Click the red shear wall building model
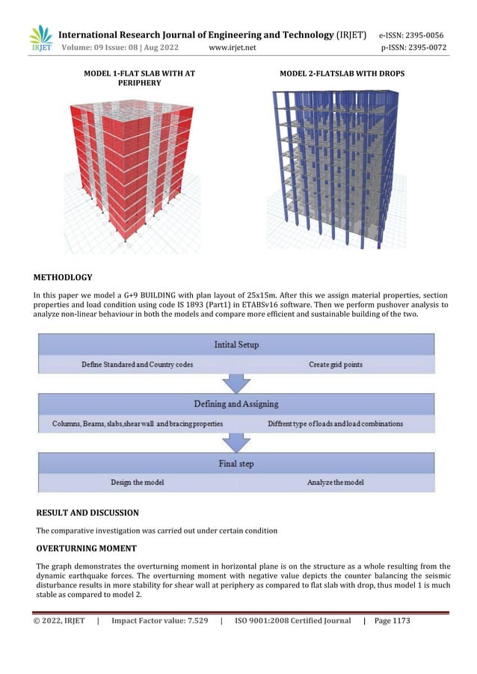point(128,169)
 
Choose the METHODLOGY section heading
point(63,277)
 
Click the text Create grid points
point(335,365)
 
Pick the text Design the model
point(138,483)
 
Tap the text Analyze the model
point(335,483)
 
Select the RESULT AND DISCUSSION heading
point(87,513)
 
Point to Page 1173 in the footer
point(392,621)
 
